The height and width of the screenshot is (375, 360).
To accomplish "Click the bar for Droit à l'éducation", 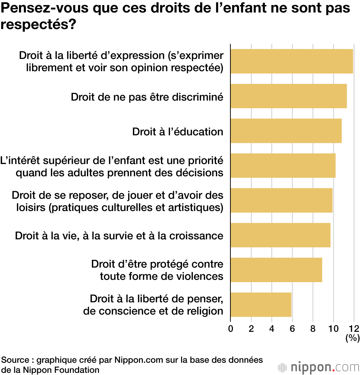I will (286, 131).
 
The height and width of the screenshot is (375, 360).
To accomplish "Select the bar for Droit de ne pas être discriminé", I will (288, 96).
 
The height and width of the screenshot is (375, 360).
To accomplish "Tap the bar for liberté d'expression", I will (292, 61).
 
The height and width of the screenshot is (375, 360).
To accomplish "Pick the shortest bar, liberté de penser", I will (261, 305).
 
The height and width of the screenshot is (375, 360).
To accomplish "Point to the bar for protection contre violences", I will (276, 270).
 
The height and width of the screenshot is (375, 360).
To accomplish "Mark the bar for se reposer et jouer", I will (281, 200).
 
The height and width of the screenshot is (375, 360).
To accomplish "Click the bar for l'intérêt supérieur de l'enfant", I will (283, 166).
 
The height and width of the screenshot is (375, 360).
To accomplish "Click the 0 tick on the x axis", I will (231, 328).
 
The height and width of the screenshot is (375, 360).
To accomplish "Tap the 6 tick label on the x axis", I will (292, 328).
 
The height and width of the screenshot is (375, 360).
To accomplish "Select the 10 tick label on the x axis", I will (334, 328).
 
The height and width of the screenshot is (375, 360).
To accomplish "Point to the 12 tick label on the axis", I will (354, 328).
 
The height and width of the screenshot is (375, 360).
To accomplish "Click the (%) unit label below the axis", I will (353, 338).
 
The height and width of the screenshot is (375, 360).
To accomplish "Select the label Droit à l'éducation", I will (178, 132).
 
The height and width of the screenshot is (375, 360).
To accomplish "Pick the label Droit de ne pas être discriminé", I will (147, 97).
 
